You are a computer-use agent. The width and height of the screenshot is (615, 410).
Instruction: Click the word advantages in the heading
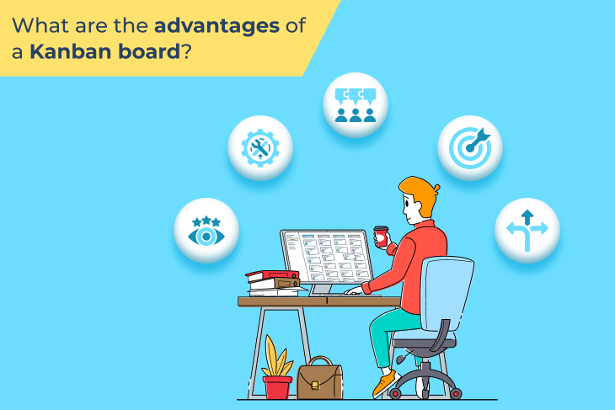pos(217,27)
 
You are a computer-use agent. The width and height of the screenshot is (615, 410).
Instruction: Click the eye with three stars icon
pos(206,232)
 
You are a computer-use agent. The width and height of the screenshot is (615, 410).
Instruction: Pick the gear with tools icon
pos(260,148)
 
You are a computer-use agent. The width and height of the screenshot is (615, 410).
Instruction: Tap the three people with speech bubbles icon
pos(356,105)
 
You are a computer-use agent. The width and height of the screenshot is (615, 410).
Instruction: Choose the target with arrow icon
pos(470,147)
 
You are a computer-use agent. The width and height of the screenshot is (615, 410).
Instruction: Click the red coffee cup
pos(381,237)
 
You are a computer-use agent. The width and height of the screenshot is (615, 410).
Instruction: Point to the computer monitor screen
pos(327,256)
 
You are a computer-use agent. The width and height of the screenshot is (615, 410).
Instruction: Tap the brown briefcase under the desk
pos(319,378)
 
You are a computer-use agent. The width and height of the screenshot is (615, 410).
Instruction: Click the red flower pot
pos(278,387)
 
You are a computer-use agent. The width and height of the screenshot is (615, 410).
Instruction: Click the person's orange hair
pos(421,194)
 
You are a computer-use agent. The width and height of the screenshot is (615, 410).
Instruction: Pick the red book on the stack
pos(272,275)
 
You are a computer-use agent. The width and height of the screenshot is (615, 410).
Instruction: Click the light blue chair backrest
pos(447,293)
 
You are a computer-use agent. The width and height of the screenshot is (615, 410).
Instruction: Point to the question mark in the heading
pos(186,51)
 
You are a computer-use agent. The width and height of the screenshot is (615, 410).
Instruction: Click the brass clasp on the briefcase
pos(314,386)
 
